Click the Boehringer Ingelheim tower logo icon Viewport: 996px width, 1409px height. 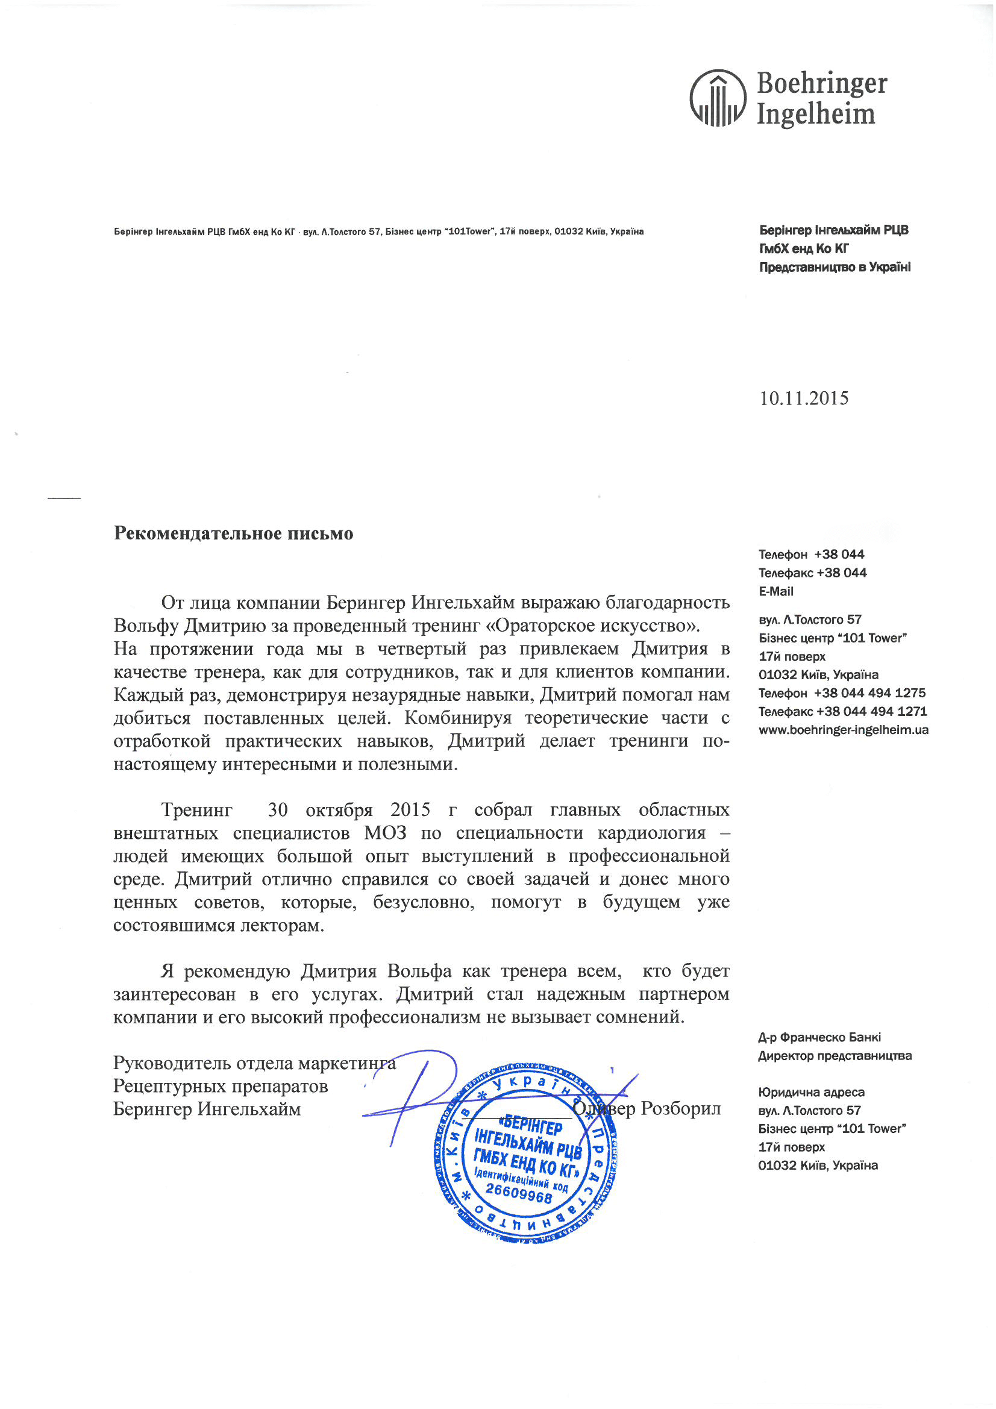point(718,98)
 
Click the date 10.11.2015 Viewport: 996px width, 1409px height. point(804,398)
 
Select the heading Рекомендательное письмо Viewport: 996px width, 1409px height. point(233,533)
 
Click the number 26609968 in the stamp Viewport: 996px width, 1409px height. point(519,1194)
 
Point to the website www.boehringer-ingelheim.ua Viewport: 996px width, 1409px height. point(843,730)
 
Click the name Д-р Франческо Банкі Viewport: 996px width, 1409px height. point(819,1037)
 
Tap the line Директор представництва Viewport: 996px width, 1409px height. point(835,1055)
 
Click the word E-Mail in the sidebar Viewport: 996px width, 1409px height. point(775,592)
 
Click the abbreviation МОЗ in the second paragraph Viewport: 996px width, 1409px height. point(385,833)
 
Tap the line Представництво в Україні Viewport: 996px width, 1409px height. point(835,267)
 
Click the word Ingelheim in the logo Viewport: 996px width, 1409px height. point(816,114)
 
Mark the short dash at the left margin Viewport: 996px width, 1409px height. point(64,497)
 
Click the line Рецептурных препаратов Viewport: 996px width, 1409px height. point(221,1085)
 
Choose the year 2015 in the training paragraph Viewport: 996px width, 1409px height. point(410,809)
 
